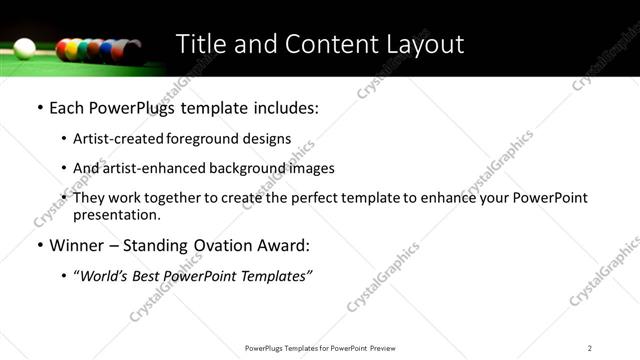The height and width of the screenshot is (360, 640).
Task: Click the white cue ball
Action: click(24, 49)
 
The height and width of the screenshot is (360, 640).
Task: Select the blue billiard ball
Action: click(105, 50)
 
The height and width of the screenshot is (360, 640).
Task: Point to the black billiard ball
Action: click(134, 53)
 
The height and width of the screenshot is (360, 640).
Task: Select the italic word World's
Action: click(104, 276)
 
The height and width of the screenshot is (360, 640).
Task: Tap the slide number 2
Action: click(590, 347)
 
